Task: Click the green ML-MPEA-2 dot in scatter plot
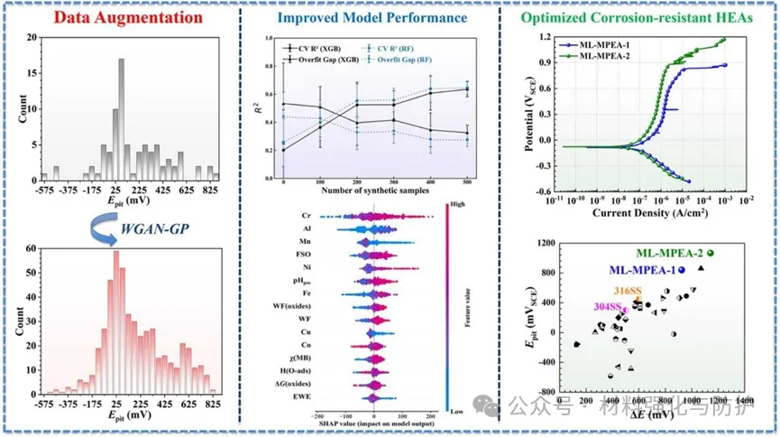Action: (711, 253)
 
